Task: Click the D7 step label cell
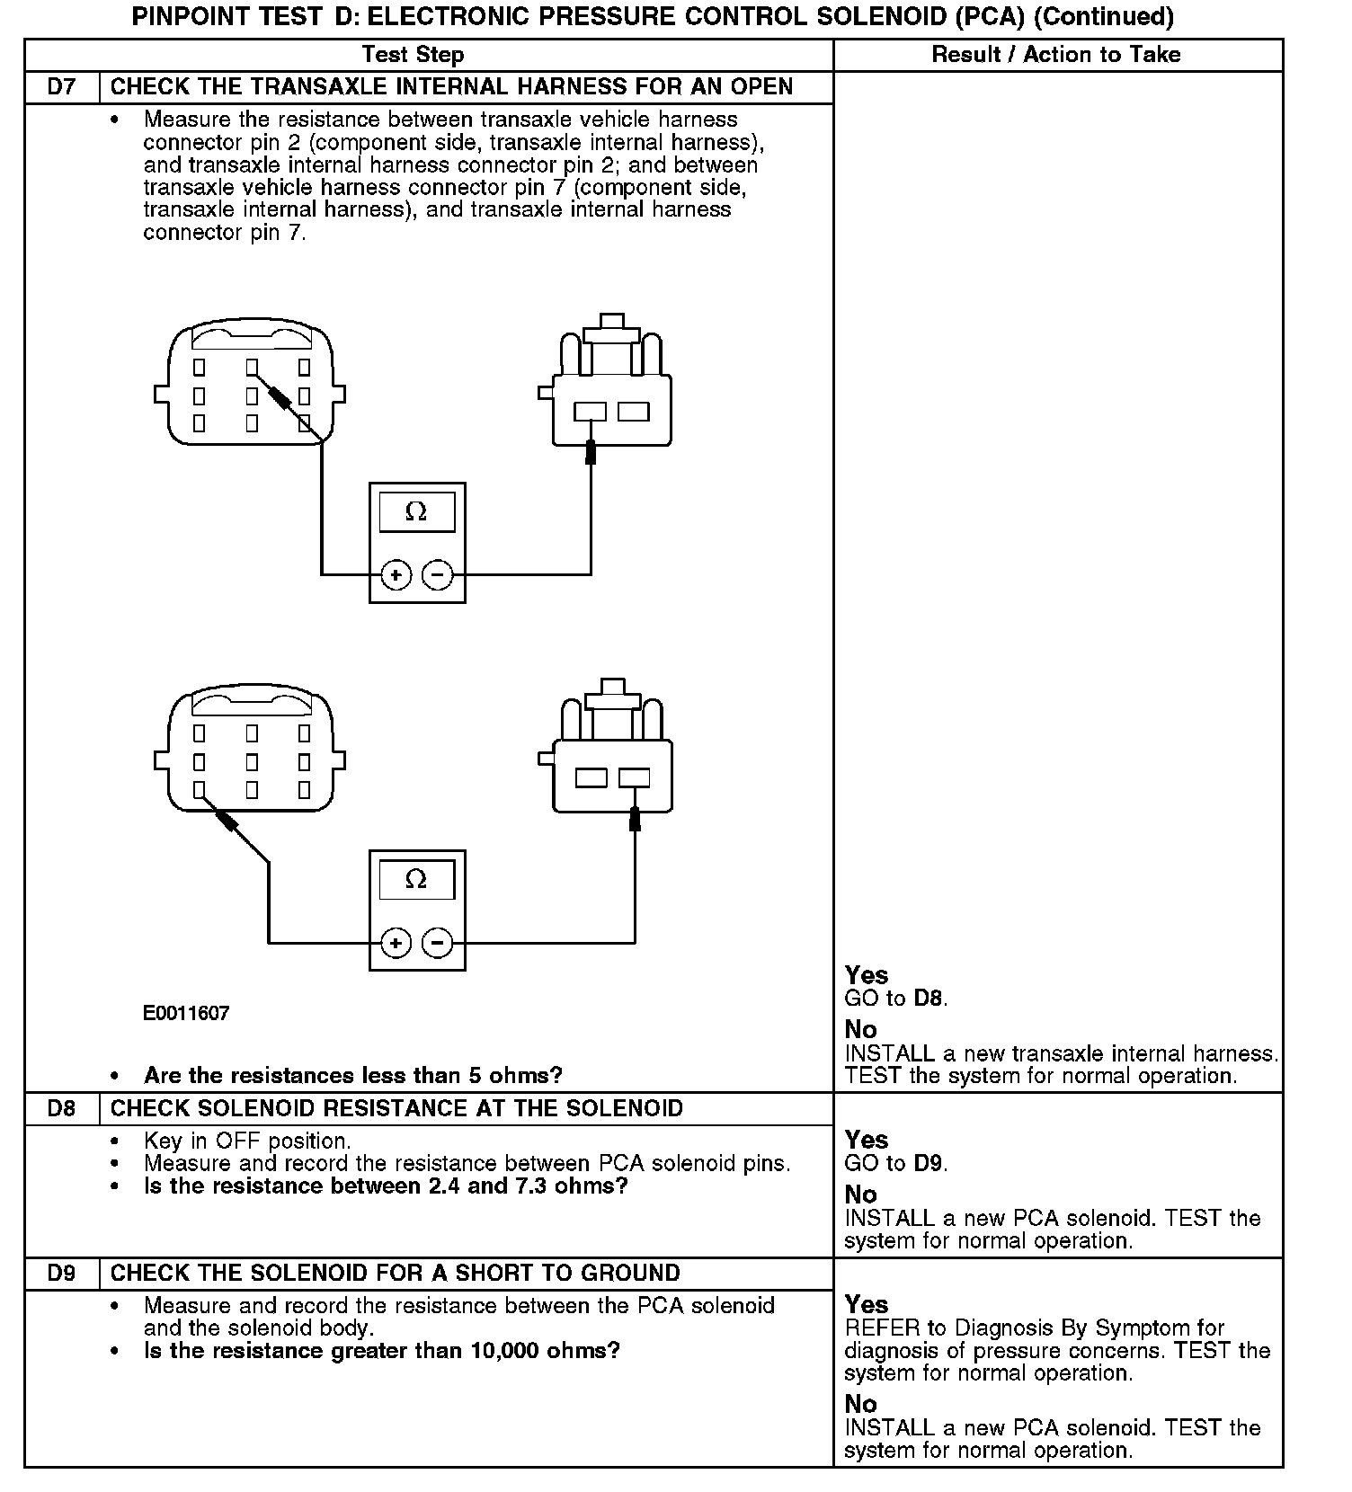tap(61, 87)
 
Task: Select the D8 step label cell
tap(61, 1108)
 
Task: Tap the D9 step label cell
tap(61, 1273)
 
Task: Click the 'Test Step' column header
tap(413, 55)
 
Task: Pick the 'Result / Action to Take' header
tap(1055, 55)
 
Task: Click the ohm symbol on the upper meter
tap(416, 511)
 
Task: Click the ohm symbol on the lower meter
tap(416, 879)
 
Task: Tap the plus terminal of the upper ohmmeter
tap(396, 574)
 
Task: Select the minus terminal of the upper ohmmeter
tap(438, 574)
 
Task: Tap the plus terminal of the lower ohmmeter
tap(396, 943)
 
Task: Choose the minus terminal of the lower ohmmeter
tap(438, 943)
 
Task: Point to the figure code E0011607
tap(186, 1013)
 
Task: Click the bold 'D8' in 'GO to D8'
tap(929, 998)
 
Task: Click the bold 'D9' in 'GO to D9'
tap(929, 1163)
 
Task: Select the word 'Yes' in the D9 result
tap(867, 1304)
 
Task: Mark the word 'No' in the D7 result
tap(860, 1029)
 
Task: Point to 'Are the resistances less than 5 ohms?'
tap(353, 1075)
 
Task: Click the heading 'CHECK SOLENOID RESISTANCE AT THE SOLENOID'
tap(396, 1108)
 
